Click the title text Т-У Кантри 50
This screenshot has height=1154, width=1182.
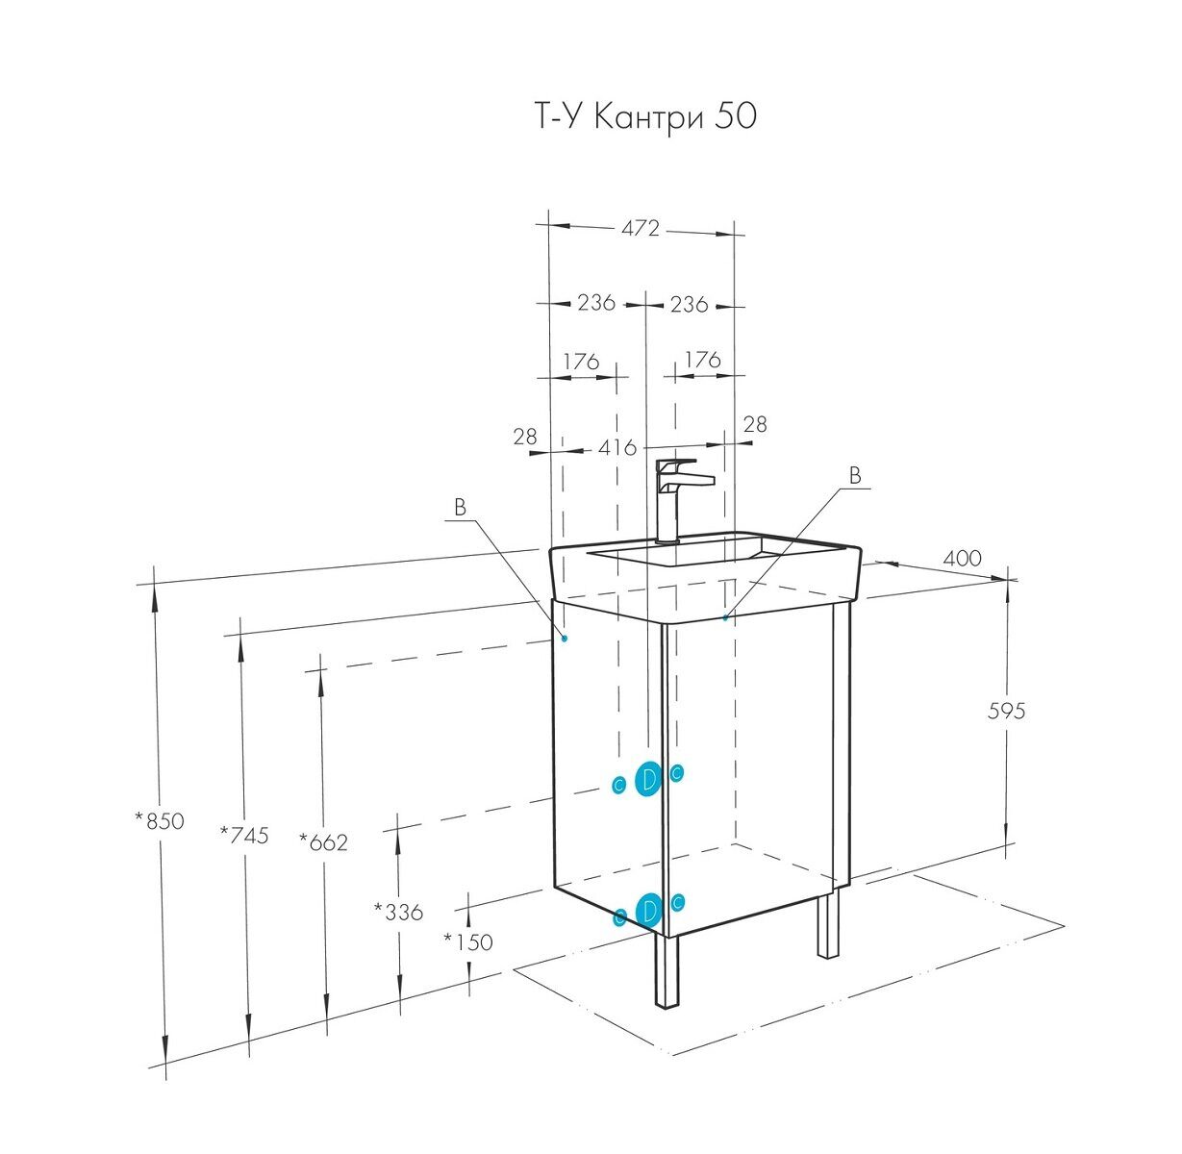pyautogui.click(x=645, y=116)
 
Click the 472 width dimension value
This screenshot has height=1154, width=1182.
pyautogui.click(x=641, y=228)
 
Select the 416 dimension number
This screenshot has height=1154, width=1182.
pyautogui.click(x=617, y=447)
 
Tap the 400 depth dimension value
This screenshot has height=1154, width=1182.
pyautogui.click(x=962, y=558)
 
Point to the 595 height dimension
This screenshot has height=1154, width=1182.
pyautogui.click(x=1006, y=711)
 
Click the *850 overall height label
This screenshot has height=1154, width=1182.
pyautogui.click(x=159, y=821)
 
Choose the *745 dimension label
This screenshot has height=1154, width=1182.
pyautogui.click(x=244, y=836)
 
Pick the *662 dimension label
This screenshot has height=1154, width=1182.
pyautogui.click(x=324, y=842)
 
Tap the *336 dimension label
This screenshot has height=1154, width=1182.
pyautogui.click(x=398, y=912)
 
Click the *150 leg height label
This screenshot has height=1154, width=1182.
pyautogui.click(x=467, y=942)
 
